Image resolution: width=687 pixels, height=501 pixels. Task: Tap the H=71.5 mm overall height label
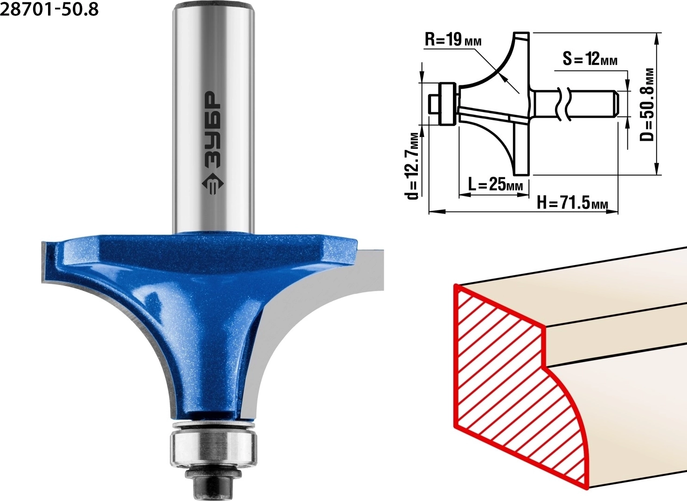coord(572,203)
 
